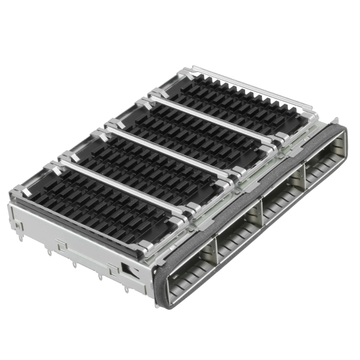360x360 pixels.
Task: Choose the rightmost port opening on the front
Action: [x=326, y=166]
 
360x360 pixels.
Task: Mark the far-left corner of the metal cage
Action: [x=10, y=201]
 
